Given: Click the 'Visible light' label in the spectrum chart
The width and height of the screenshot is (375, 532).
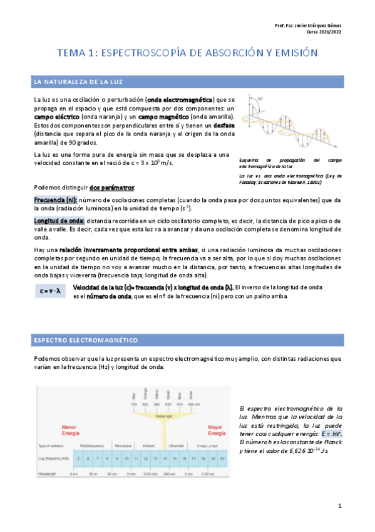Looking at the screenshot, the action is [163, 416].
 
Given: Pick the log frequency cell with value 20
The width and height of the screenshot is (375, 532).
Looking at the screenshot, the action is [222, 459].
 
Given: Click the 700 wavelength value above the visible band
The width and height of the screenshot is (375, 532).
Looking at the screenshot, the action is [133, 405].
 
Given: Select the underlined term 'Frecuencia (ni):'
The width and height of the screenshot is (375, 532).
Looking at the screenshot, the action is [55, 199].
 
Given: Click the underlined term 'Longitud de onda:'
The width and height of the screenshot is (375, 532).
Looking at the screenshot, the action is [58, 221].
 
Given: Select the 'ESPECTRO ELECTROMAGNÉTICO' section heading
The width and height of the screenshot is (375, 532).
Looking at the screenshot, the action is [86, 340].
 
